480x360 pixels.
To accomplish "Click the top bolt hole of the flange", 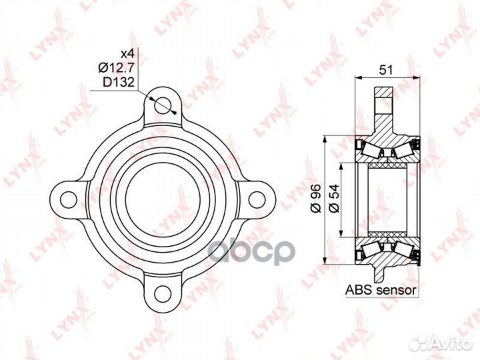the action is (163, 105).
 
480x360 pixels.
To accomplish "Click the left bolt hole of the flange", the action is (69, 200).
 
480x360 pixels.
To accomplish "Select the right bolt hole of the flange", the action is (257, 200).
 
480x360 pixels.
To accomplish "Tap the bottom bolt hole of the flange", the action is (163, 294).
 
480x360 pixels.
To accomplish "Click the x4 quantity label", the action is (127, 54).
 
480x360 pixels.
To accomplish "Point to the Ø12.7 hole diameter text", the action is (116, 67).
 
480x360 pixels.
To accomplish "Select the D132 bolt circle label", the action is (119, 82).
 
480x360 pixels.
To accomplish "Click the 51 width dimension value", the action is (386, 70).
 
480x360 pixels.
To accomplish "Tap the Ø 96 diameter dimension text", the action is (315, 199).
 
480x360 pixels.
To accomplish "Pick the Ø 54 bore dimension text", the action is (334, 199).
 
